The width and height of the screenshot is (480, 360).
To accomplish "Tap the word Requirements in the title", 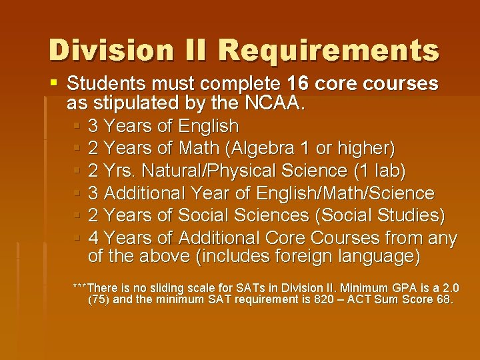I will point(328,51).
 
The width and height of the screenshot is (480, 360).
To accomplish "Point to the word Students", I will point(107,84).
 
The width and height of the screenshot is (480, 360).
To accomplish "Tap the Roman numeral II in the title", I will point(193,50).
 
